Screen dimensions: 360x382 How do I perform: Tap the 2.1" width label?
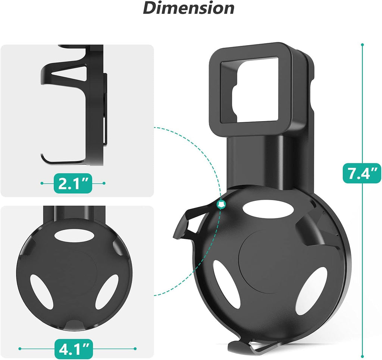[73, 183]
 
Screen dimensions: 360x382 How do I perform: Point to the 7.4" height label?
[362, 174]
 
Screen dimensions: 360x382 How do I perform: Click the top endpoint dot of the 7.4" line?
[362, 45]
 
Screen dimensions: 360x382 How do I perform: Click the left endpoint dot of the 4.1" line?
[20, 348]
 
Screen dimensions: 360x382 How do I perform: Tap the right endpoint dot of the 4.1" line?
[135, 348]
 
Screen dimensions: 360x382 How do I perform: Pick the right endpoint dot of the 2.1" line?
[104, 183]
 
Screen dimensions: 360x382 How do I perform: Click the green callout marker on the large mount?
[222, 204]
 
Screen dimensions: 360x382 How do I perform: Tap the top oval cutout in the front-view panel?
[73, 236]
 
